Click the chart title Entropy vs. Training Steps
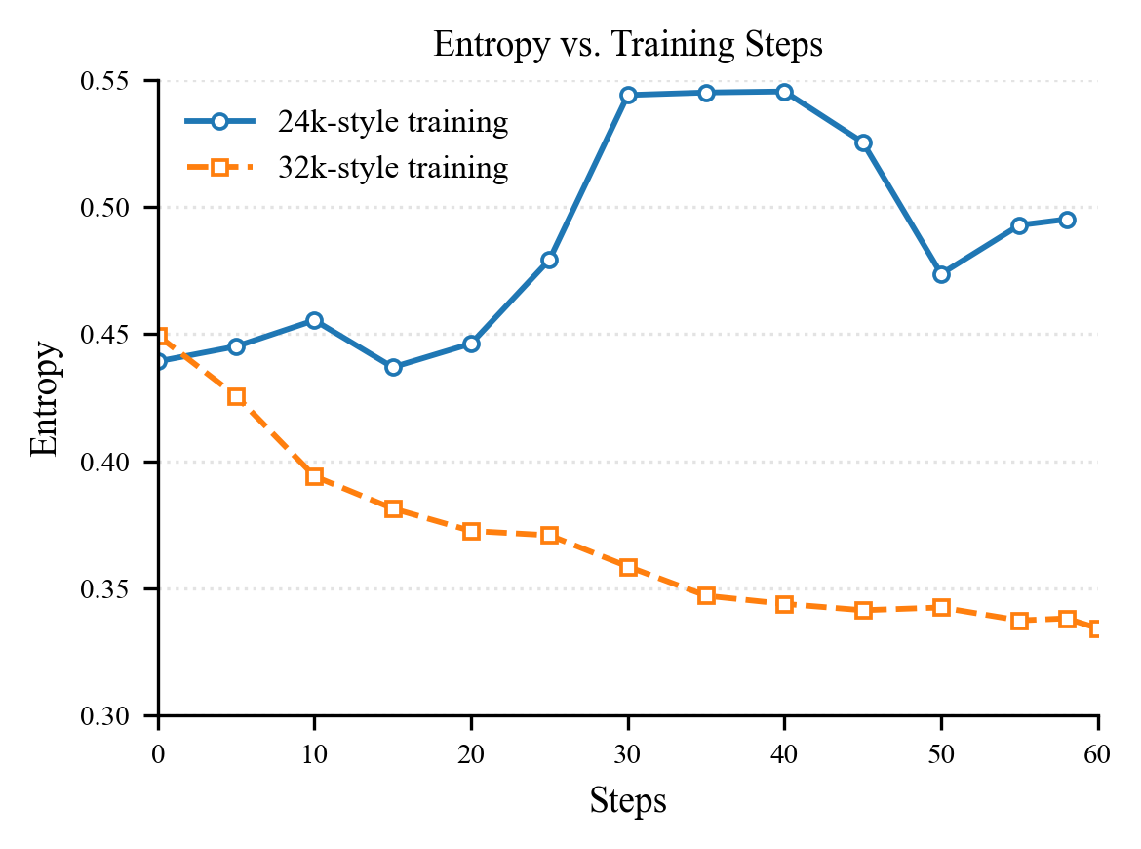628,46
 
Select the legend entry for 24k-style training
391,123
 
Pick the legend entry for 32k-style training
391,169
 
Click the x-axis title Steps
628,801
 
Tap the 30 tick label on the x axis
628,751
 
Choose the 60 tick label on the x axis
1098,751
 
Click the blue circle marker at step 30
628,95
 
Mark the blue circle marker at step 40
784,92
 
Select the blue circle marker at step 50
941,274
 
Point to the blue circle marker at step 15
393,367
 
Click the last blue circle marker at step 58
1067,220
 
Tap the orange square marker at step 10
314,476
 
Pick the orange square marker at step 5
236,396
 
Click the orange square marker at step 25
549,535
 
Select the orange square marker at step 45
863,610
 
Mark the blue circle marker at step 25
549,260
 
